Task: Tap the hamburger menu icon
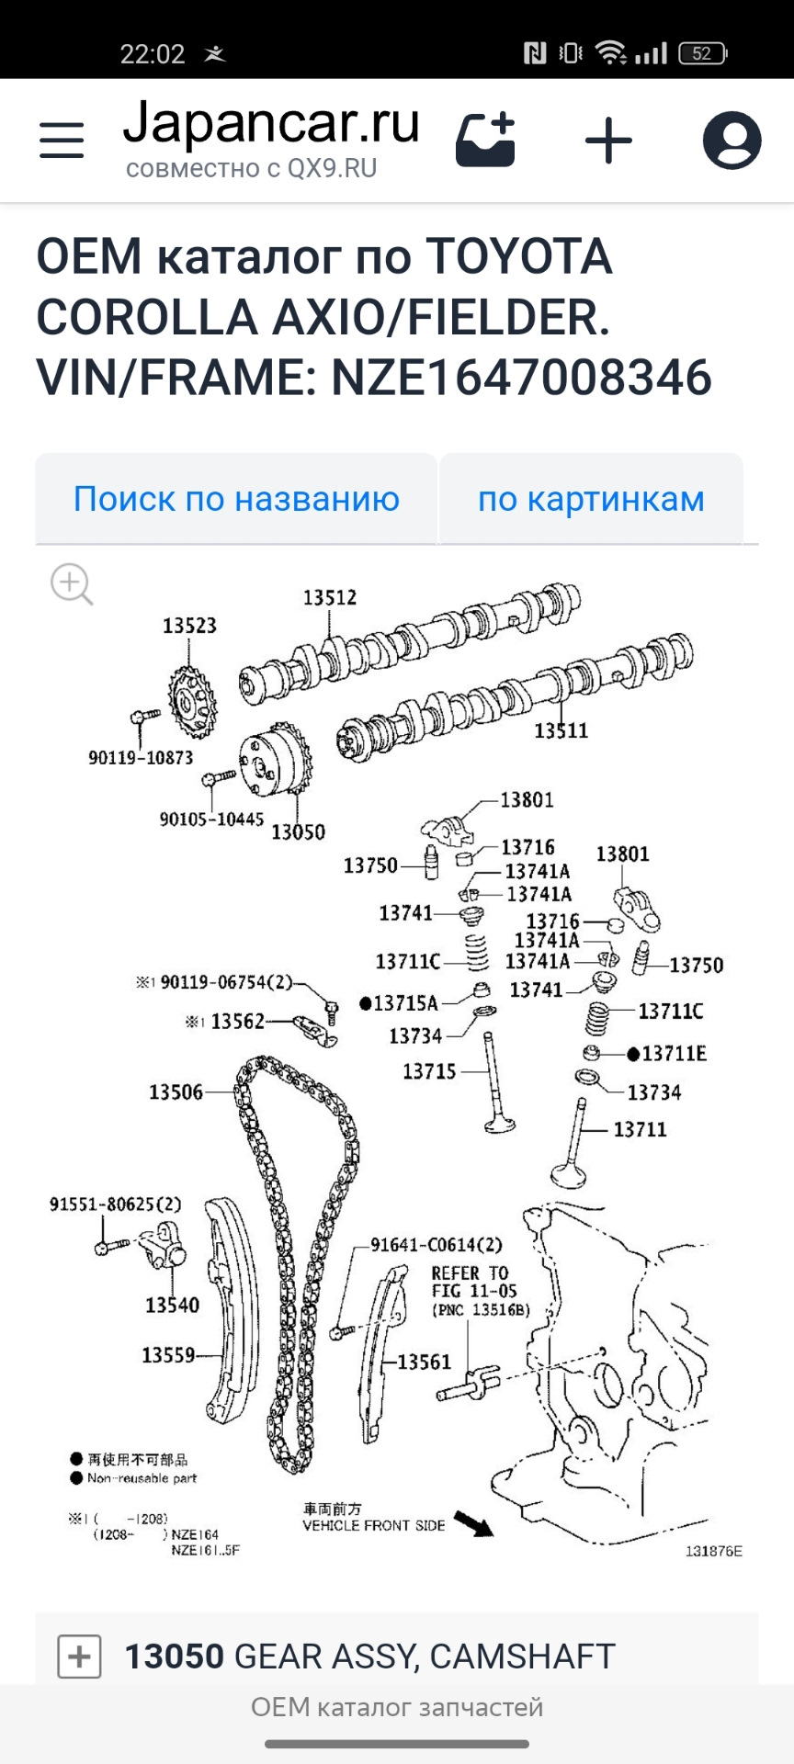tap(62, 141)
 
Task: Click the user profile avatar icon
tap(732, 141)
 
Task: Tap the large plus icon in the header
tap(608, 141)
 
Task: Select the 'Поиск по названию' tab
tap(236, 499)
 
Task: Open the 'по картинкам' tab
tap(591, 499)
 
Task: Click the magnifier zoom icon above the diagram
tap(72, 584)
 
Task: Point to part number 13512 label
tap(330, 597)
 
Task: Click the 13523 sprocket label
tap(189, 626)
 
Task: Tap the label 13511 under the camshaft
tap(561, 730)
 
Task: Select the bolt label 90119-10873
tap(141, 758)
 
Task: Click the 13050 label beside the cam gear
tap(298, 831)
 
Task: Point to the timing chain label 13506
tap(176, 1091)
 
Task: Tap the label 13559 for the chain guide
tap(168, 1355)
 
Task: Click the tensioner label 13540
tap(172, 1305)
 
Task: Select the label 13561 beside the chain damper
tap(424, 1362)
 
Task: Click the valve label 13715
tap(429, 1071)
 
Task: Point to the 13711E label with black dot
tap(674, 1054)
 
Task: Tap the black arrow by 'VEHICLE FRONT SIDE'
tap(474, 1524)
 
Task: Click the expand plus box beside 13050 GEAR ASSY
tap(79, 1657)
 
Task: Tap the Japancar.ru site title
tap(271, 124)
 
